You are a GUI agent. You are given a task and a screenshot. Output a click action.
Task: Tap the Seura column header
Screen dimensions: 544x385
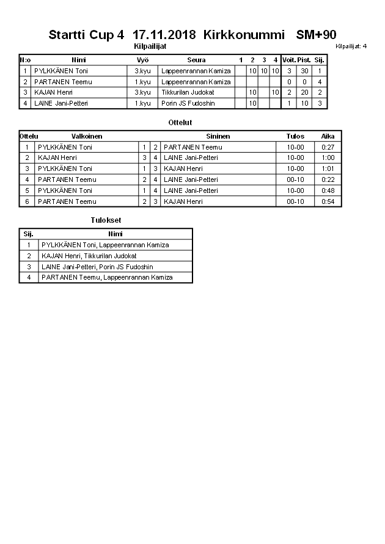196,60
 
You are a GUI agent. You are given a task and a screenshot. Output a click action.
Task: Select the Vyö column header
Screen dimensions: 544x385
142,60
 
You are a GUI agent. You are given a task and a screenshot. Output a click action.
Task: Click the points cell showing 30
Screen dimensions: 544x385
304,71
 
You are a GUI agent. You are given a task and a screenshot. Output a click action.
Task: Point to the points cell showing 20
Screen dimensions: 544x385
304,92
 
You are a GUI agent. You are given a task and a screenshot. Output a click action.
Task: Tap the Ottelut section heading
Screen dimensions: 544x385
180,123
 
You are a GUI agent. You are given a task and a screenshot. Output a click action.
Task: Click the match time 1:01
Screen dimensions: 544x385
328,169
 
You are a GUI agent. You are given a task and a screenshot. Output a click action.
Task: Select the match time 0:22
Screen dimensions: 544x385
328,180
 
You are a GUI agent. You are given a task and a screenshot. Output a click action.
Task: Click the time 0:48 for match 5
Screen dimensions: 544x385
328,190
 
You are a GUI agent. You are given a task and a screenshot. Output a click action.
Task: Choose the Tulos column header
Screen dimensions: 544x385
295,136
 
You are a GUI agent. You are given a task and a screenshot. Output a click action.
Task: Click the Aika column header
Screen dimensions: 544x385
328,136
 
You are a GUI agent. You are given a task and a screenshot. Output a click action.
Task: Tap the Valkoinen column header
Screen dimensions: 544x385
87,136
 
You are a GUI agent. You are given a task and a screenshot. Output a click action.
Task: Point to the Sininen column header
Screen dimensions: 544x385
218,136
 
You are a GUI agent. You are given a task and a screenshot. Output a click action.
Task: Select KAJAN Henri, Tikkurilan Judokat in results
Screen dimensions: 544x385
89,256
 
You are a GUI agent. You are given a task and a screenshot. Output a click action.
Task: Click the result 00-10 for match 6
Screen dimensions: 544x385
295,201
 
